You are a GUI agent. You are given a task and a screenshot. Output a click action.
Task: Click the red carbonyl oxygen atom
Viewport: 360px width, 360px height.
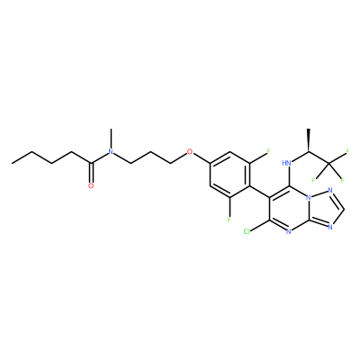point(91,185)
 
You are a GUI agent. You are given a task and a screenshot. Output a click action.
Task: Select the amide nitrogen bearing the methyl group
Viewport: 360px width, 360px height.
point(111,152)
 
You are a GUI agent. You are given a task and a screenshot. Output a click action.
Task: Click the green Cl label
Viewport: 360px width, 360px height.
point(247,231)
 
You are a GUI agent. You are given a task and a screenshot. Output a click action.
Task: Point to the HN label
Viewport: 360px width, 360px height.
point(287,163)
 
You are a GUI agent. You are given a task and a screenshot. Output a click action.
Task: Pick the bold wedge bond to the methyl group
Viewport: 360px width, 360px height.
point(308,140)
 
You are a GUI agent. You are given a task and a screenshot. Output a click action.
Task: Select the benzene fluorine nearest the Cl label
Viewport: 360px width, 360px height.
point(229,220)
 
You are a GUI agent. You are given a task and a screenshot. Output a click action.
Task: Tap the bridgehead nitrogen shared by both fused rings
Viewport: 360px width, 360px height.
point(308,197)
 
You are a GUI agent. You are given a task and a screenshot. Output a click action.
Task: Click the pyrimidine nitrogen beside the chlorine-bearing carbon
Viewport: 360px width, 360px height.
point(289,231)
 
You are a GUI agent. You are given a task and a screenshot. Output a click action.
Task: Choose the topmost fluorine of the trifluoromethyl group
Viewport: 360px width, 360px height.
point(348,151)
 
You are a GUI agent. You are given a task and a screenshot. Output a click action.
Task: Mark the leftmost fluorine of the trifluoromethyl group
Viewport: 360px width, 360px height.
point(313,180)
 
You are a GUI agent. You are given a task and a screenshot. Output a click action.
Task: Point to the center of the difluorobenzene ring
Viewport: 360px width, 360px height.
point(229,175)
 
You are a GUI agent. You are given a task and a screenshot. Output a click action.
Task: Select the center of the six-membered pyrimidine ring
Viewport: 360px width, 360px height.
point(289,209)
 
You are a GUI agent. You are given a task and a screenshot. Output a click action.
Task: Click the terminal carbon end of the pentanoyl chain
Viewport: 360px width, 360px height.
point(13,163)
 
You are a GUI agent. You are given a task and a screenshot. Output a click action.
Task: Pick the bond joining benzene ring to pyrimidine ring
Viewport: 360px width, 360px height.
point(259,192)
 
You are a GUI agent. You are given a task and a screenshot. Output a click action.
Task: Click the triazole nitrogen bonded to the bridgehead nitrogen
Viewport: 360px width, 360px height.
point(330,191)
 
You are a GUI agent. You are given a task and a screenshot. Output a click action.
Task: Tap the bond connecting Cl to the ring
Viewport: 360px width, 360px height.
point(260,225)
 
